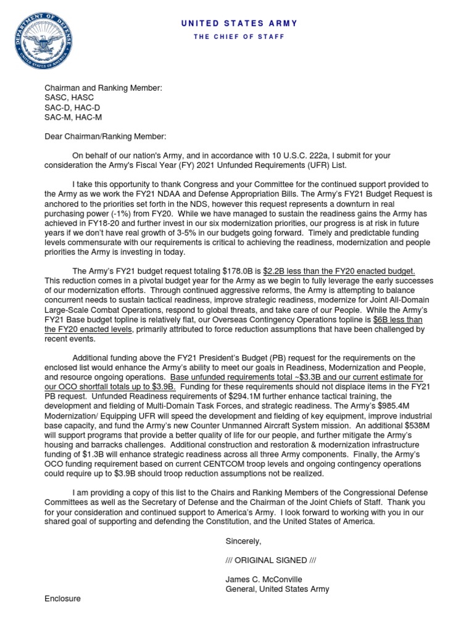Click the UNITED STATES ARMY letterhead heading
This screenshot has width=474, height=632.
point(239,23)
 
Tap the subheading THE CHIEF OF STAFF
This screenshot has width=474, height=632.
point(239,37)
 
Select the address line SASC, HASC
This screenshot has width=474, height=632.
point(69,98)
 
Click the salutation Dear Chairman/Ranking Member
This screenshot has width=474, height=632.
point(106,136)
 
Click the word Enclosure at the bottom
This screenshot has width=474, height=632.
point(62,599)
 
